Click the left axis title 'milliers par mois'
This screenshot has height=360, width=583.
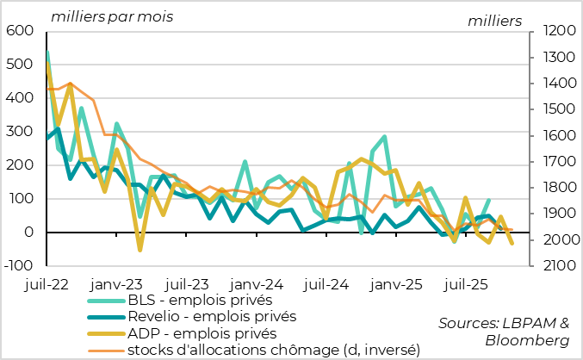(112, 16)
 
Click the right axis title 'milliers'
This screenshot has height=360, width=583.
(493, 20)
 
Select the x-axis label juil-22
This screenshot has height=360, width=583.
(47, 282)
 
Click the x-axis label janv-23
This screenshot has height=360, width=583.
(116, 282)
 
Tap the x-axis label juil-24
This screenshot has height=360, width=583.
(327, 282)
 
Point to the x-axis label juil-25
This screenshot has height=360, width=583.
(467, 282)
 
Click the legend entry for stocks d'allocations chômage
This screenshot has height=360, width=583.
(273, 349)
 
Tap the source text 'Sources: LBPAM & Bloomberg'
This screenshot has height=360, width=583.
(504, 332)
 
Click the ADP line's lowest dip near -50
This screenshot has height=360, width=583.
(140, 250)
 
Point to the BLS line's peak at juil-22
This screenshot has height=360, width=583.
(47, 52)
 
